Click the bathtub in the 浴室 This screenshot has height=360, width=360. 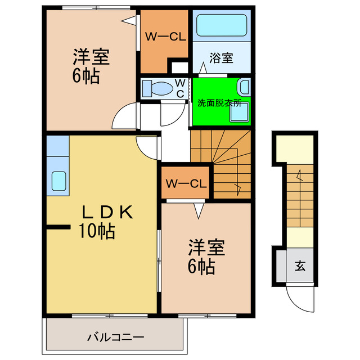click(x=221, y=26)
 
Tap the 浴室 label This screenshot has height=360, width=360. click(x=221, y=58)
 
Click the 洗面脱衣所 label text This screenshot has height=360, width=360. click(x=219, y=103)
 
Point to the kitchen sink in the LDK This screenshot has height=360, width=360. click(x=58, y=181)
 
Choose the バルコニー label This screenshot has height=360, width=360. click(x=115, y=337)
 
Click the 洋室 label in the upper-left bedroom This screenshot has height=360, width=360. click(x=90, y=57)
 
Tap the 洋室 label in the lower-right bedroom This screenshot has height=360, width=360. click(x=206, y=247)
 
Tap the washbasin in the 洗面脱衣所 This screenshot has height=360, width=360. click(x=244, y=86)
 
